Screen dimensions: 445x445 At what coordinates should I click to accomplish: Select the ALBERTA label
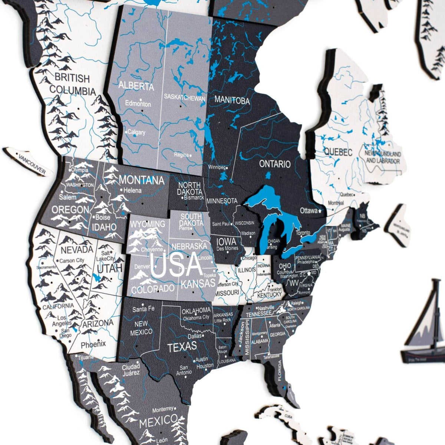[x=136, y=86]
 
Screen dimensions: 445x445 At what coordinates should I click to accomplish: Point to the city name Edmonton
[x=138, y=104]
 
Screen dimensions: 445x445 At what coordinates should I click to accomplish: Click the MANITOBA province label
[x=232, y=100]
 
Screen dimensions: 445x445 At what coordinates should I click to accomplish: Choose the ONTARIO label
[x=275, y=164]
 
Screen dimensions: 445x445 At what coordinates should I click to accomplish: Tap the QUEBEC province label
[x=338, y=152]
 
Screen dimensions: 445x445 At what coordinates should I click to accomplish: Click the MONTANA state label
[x=141, y=181]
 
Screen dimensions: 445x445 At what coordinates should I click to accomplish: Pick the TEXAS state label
[x=182, y=347]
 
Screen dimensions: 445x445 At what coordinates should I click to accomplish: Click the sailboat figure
[x=426, y=326]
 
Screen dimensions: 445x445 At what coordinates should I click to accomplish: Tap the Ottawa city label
[x=309, y=211]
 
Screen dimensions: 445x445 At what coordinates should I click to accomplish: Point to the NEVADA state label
[x=77, y=250]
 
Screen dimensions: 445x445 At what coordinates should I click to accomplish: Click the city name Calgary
[x=136, y=132]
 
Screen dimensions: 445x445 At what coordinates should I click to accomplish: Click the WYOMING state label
[x=147, y=224]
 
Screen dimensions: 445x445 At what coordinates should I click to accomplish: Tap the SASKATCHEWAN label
[x=185, y=98]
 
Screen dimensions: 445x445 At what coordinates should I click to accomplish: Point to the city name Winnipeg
[x=217, y=167]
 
